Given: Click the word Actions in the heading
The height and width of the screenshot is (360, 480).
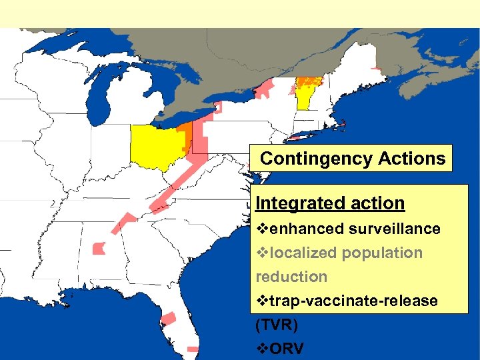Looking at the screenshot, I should (x=412, y=159).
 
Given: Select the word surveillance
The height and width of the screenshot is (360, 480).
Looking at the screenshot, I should (x=393, y=229).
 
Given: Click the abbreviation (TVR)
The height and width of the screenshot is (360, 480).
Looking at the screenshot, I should (x=277, y=325).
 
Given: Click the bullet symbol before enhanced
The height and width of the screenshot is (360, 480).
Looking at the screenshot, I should (x=261, y=229).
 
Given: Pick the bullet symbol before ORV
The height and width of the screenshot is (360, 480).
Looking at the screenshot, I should (x=261, y=349).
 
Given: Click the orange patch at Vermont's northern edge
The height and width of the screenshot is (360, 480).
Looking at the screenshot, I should (x=306, y=82).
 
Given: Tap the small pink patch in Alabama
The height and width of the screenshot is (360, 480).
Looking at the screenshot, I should (x=99, y=249).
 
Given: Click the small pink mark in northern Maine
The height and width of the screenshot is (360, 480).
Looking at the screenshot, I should (x=377, y=69).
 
